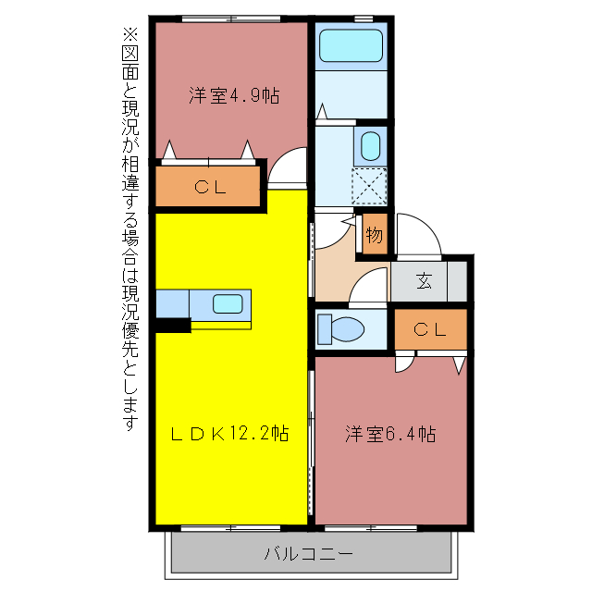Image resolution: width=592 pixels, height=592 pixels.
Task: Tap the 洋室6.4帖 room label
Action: [x=391, y=434]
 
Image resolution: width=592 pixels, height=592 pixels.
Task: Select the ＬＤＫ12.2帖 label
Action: [x=230, y=433]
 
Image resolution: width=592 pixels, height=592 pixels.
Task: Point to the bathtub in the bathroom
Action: [x=351, y=45]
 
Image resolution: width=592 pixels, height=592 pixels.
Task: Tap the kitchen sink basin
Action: [x=228, y=302]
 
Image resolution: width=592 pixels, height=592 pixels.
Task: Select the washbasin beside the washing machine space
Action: [x=370, y=146]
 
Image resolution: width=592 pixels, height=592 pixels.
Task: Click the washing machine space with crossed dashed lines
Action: [x=369, y=185]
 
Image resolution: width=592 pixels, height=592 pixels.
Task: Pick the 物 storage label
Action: [x=374, y=234]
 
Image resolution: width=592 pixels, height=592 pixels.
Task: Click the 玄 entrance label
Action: [x=424, y=281]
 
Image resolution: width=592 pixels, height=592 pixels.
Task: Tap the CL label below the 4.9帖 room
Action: [x=210, y=187]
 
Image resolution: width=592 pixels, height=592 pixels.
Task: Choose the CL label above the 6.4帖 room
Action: [x=429, y=328]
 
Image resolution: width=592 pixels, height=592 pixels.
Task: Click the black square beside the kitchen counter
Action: [x=172, y=325]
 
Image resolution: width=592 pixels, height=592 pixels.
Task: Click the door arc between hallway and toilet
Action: [x=367, y=286]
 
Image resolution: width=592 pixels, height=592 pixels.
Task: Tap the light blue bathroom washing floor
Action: [x=351, y=92]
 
